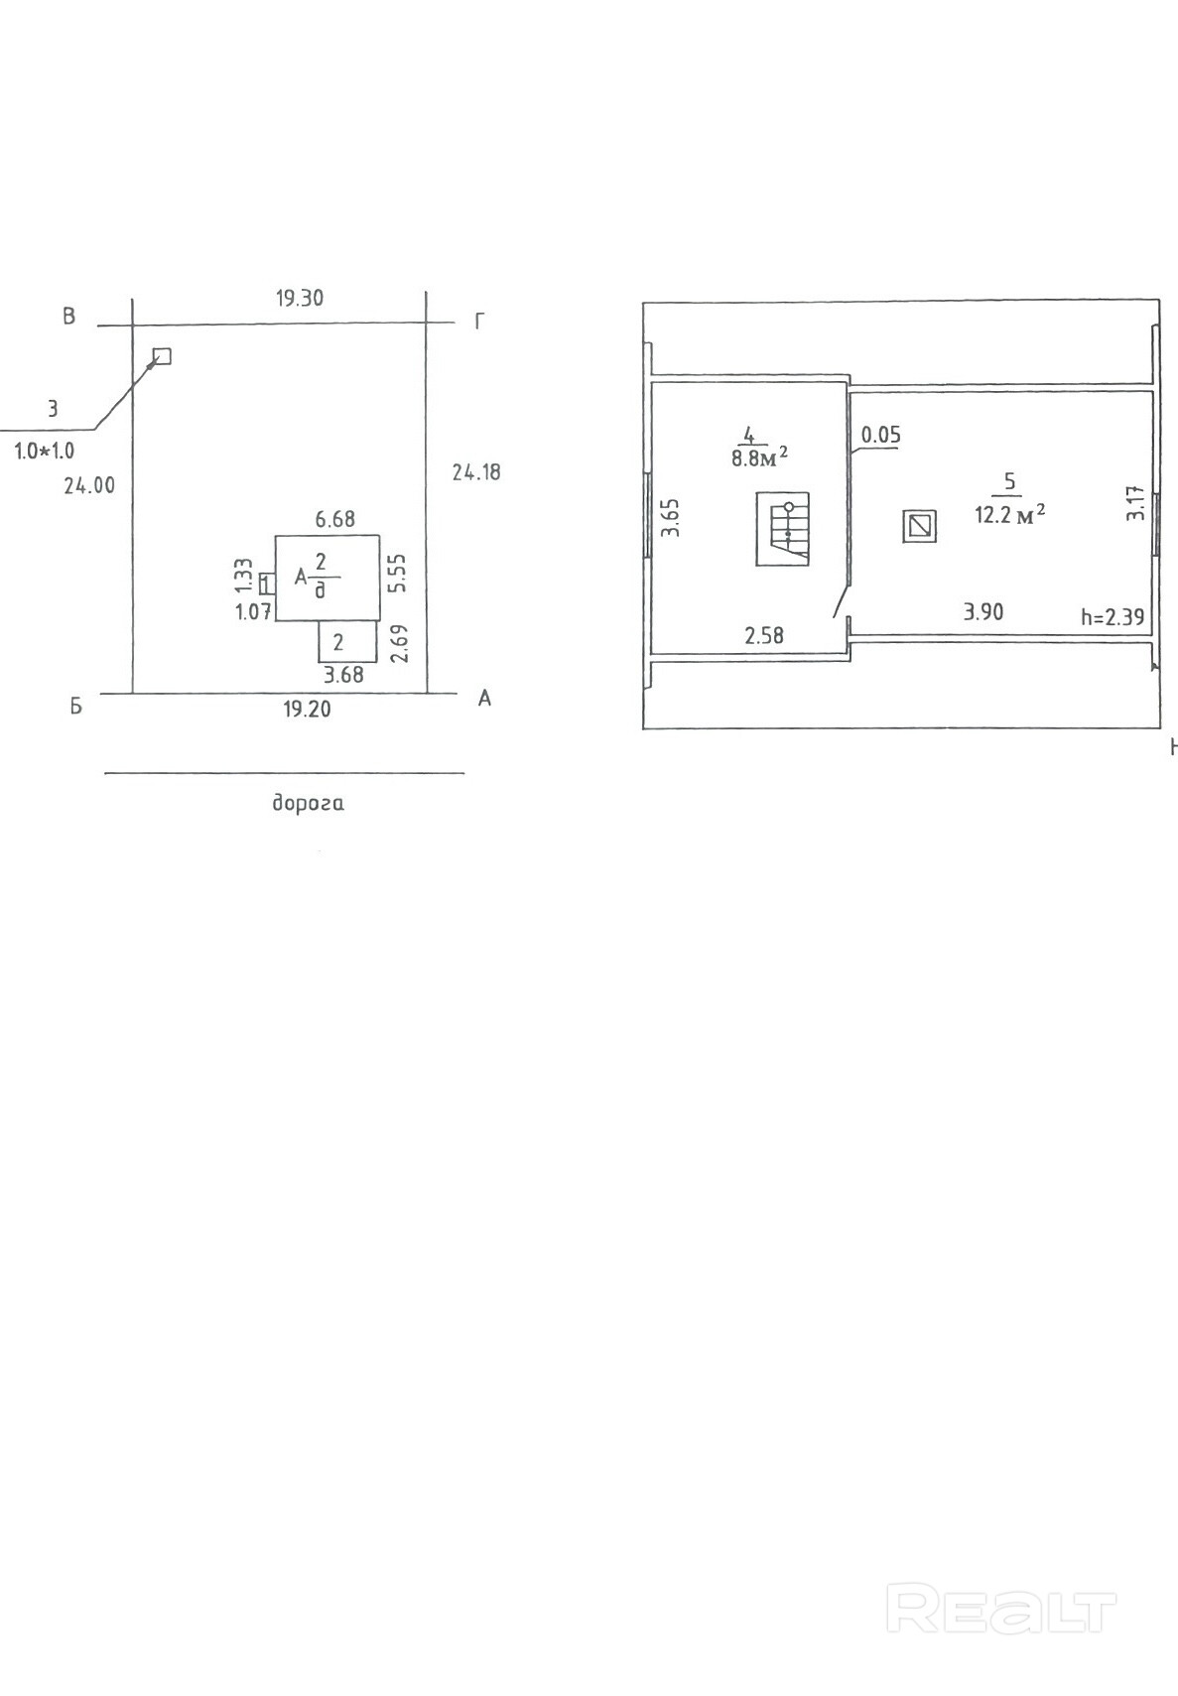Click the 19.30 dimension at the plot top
coord(300,299)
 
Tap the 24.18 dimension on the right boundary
coord(476,472)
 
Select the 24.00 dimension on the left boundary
coord(89,486)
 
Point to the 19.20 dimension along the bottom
coord(307,710)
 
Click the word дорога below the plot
coord(308,803)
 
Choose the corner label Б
coord(75,708)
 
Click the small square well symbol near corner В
coord(162,356)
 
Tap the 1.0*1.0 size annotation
coord(45,452)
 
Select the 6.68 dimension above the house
coord(335,519)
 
